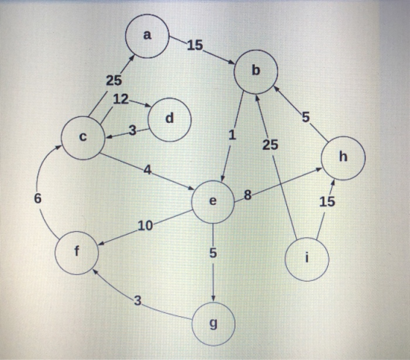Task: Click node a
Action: tap(147, 36)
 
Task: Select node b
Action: tap(256, 72)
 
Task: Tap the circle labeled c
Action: tap(83, 138)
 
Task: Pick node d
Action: tap(170, 120)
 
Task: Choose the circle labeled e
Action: tap(213, 202)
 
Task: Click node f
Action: tap(77, 253)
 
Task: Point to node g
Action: tap(213, 324)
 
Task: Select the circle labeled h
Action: tap(343, 158)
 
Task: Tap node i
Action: tap(307, 259)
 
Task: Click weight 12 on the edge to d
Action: tap(121, 100)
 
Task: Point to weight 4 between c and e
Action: tap(148, 170)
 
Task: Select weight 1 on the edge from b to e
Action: tap(232, 135)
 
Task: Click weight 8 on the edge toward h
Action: tap(247, 195)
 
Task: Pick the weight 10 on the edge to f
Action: tap(145, 225)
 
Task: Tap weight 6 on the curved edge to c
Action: tap(37, 199)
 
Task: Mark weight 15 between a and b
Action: tap(195, 45)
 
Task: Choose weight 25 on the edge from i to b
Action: tap(270, 145)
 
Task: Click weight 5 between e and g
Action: tap(213, 253)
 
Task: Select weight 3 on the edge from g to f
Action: tap(138, 301)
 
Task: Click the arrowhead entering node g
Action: tap(213, 299)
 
